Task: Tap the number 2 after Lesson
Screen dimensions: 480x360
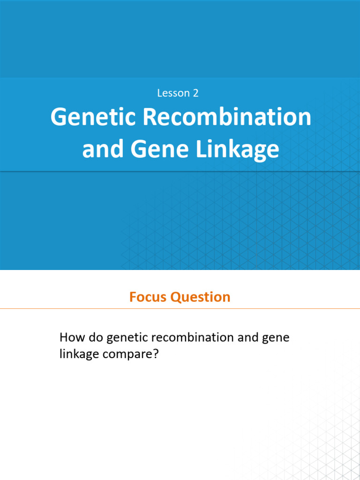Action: click(195, 93)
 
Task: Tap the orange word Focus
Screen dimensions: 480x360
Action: click(148, 297)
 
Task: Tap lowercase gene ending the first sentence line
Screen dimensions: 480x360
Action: click(277, 338)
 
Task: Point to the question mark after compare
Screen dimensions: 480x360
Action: click(157, 353)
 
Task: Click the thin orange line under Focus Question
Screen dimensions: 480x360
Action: click(180, 309)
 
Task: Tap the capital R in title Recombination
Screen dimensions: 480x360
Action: click(149, 117)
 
